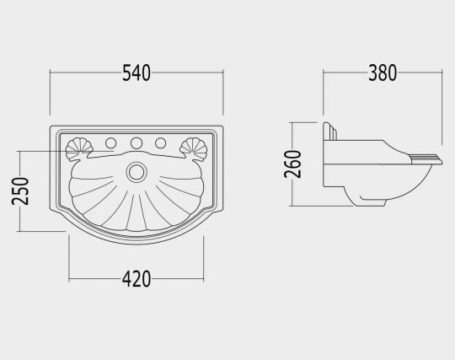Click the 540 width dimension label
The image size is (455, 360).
click(136, 73)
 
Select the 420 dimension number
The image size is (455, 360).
click(136, 279)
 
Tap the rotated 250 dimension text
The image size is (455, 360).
click(20, 191)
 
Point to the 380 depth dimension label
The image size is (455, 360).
click(383, 73)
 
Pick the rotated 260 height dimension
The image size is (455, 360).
click(293, 164)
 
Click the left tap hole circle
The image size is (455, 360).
click(111, 142)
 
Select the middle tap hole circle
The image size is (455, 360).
click(136, 142)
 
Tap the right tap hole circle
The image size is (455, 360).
click(160, 142)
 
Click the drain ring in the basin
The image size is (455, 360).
click(136, 172)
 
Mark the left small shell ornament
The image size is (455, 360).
click(79, 149)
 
